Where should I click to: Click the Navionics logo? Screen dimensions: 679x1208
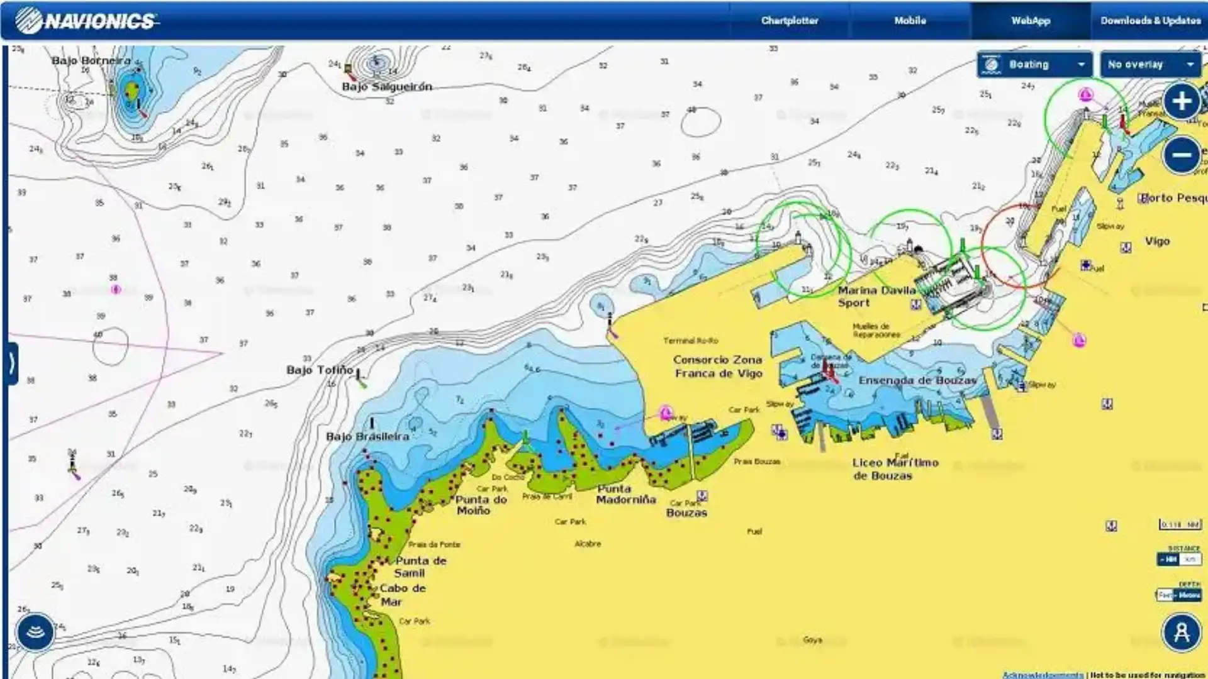coord(87,21)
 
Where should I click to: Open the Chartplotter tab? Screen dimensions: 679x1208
coord(790,21)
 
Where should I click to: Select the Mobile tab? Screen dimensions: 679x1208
coord(910,21)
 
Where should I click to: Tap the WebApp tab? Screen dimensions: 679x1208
coord(1031,21)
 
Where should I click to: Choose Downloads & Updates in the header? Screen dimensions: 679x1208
coord(1150,21)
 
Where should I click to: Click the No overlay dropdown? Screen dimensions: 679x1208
coord(1151,65)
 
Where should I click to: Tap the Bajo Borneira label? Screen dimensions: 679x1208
coord(91,61)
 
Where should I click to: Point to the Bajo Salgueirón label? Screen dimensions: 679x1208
coord(387,87)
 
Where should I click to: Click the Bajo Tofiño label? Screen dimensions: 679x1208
coord(320,370)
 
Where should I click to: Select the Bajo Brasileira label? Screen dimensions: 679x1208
coord(367,436)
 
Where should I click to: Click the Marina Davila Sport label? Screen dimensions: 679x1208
coord(876,297)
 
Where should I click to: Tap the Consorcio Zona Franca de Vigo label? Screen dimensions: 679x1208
coord(718,367)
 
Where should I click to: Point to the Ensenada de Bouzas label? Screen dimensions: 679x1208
coord(918,380)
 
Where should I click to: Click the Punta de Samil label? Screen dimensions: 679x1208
coord(420,566)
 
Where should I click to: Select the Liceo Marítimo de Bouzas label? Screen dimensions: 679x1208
coord(895,469)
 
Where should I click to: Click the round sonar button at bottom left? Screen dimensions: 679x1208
coord(35,632)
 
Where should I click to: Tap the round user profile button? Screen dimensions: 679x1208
coord(1181,632)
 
